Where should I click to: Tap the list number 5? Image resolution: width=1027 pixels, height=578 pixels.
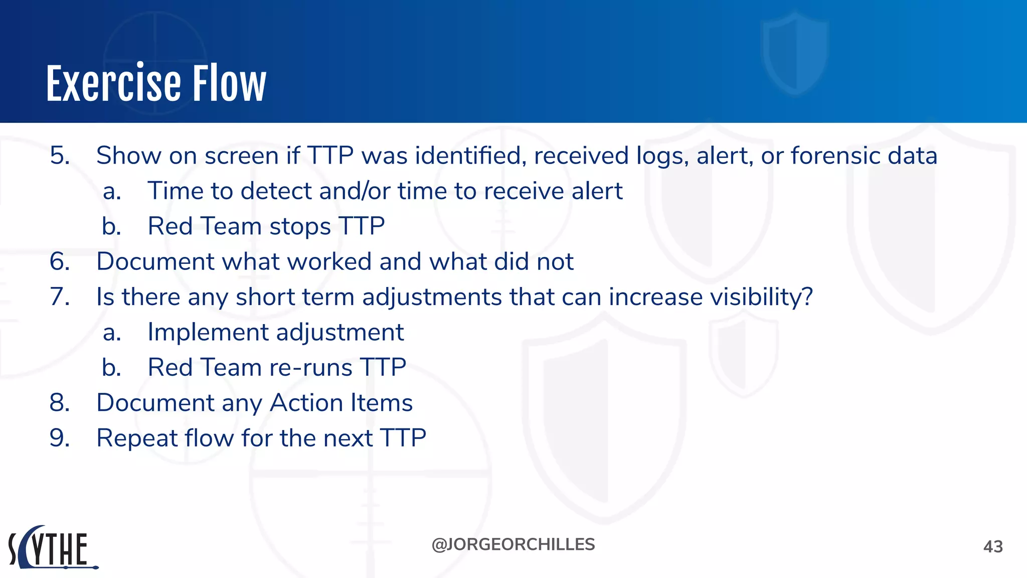click(60, 156)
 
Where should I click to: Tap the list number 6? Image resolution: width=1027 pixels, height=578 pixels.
click(60, 261)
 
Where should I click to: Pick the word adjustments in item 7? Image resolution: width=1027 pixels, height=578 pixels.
click(432, 297)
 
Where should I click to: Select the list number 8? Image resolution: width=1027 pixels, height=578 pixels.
click(60, 403)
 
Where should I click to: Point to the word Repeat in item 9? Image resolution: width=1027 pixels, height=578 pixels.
click(136, 438)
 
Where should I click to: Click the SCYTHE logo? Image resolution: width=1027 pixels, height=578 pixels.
click(53, 548)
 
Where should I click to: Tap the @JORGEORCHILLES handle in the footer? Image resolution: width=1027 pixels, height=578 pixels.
click(513, 544)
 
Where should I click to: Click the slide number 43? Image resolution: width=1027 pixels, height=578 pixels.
click(992, 546)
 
